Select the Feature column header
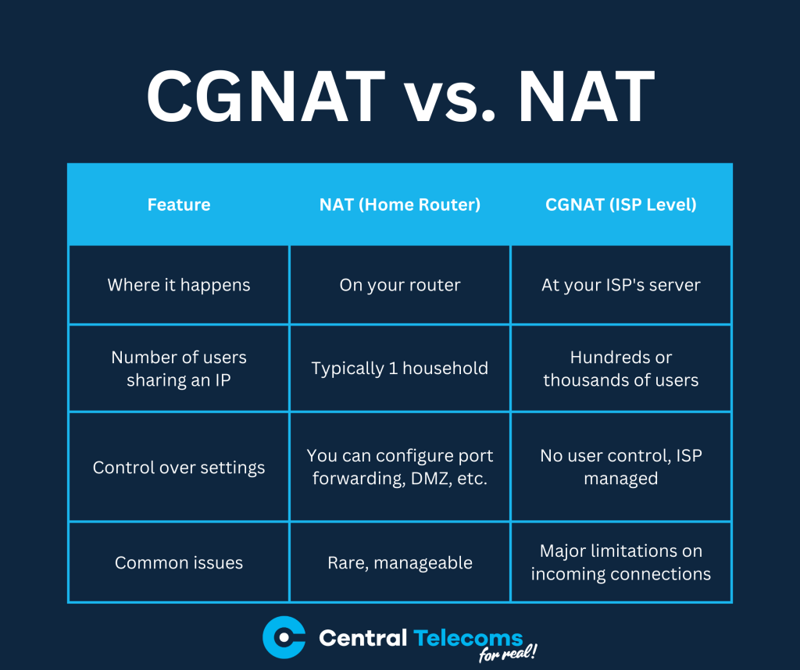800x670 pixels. [179, 205]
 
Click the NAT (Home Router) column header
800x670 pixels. [400, 205]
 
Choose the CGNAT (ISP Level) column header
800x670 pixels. [621, 205]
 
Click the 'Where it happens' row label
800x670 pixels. [179, 285]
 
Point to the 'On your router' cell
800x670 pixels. [400, 285]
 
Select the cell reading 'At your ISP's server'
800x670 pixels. [621, 285]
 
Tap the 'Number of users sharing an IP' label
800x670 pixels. [179, 369]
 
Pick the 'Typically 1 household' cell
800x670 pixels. [400, 369]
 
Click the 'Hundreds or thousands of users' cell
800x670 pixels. [621, 369]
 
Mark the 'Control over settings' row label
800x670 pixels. [179, 467]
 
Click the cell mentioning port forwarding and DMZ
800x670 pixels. [400, 467]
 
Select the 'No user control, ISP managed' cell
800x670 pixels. [621, 467]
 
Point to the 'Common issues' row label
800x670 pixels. [179, 562]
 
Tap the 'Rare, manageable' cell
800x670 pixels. [400, 562]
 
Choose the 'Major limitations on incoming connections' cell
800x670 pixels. [621, 562]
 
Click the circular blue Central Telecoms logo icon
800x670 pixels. [284, 637]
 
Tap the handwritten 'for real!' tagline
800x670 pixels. [509, 654]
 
